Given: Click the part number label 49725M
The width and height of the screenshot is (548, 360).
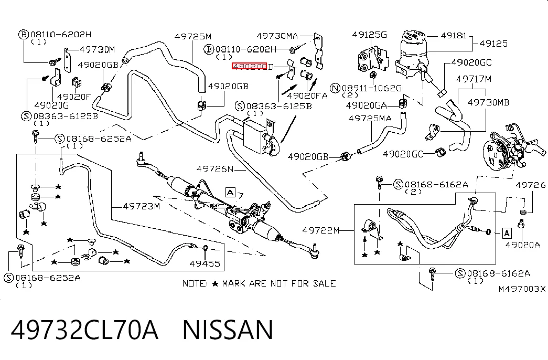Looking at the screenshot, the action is (193, 36).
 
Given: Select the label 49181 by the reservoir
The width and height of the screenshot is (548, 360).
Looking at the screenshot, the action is (453, 35).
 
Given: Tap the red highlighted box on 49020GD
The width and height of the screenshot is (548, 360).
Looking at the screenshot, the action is (249, 66).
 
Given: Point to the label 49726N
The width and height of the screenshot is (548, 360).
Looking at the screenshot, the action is (215, 169).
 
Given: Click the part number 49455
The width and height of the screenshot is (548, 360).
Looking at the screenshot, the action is (205, 263).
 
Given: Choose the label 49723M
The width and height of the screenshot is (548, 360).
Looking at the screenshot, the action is (141, 206).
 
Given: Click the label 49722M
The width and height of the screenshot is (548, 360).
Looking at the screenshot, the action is (321, 230).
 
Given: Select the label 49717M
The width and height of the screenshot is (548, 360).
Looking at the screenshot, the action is (474, 79).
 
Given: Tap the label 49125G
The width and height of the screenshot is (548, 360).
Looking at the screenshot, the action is (369, 35).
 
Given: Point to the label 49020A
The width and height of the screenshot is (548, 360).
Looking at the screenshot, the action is (522, 245).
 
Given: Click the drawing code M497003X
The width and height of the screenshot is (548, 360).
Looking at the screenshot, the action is (522, 289).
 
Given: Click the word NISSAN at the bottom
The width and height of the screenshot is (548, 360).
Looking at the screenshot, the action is (228, 330).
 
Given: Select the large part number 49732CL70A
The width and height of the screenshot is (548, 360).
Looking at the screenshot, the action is (84, 330).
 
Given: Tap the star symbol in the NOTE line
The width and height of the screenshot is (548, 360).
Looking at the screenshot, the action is (216, 284).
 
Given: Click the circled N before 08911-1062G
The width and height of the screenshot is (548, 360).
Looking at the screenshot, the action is (336, 88).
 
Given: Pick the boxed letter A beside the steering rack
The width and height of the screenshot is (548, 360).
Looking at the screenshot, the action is (230, 193).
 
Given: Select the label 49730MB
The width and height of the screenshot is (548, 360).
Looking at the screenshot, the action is (488, 102).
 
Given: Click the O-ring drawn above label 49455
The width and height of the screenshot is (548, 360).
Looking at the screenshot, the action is (206, 248).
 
